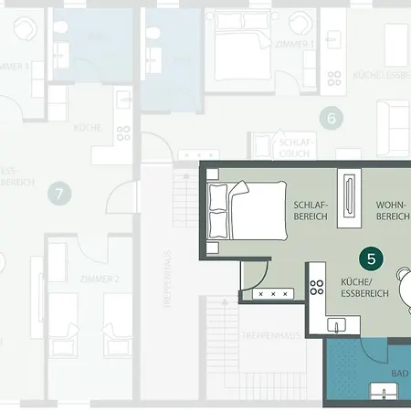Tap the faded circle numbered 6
[x=332, y=117]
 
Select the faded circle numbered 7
[x=59, y=193]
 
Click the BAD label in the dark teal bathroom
[x=399, y=374]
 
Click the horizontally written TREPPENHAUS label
[x=265, y=337]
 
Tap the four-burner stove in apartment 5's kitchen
[x=317, y=287]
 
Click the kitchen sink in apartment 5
[x=336, y=324]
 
